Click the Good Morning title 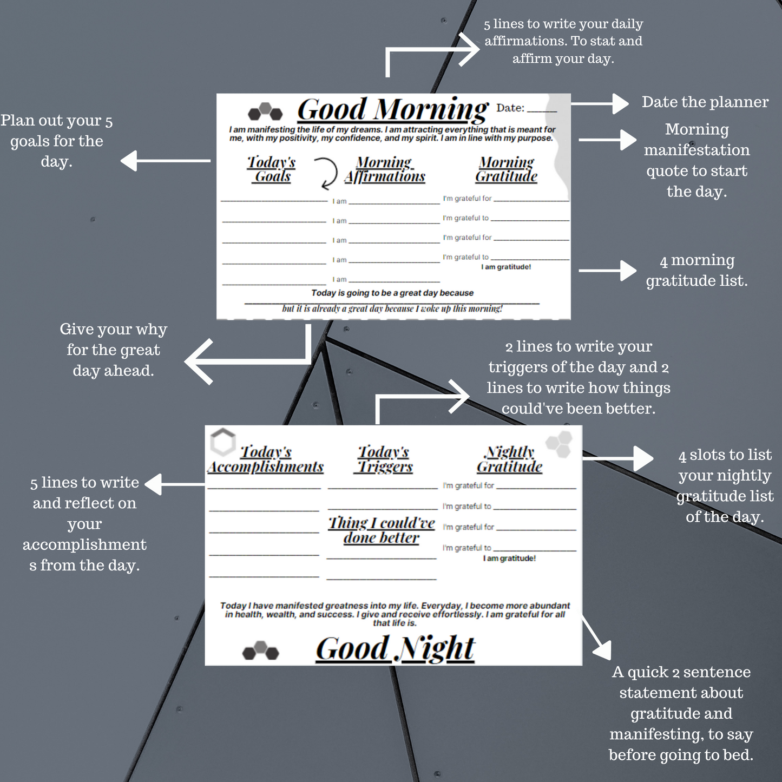392,110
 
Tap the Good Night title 396,649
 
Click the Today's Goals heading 272,169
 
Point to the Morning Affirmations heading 385,169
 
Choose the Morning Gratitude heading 507,169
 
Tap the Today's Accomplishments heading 266,459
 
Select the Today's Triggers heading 384,459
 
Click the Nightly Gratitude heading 509,459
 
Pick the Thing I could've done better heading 382,530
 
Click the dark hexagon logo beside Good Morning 265,111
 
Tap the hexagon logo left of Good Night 260,650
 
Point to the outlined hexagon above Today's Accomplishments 222,442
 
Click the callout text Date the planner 705,102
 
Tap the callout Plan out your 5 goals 57,141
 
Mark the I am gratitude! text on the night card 509,558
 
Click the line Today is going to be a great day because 392,293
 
